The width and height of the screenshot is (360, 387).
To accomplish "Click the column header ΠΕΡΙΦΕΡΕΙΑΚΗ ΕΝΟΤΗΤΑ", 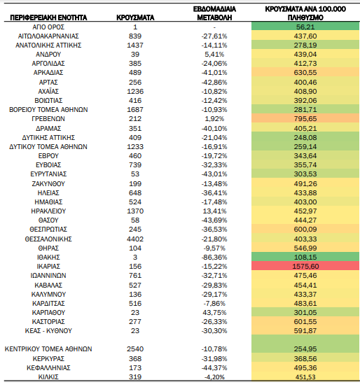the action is pyautogui.click(x=48, y=17).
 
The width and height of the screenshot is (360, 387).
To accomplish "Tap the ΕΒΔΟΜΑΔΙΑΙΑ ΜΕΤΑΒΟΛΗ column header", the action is pyautogui.click(x=214, y=13).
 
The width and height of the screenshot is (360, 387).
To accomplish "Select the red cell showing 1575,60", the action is pyautogui.click(x=305, y=267).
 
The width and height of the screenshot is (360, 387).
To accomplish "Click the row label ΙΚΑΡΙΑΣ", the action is pyautogui.click(x=48, y=267).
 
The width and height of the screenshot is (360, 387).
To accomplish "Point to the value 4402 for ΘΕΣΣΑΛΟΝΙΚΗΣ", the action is pyautogui.click(x=135, y=239).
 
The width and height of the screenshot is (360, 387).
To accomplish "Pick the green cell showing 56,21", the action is pyautogui.click(x=305, y=27).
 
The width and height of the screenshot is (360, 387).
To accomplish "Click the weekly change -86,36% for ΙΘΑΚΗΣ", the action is pyautogui.click(x=214, y=257).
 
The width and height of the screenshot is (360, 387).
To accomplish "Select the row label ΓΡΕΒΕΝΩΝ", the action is pyautogui.click(x=48, y=119).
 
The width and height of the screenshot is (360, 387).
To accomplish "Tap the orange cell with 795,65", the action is pyautogui.click(x=305, y=119).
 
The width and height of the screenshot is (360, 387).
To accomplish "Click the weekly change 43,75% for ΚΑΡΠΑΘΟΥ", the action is pyautogui.click(x=214, y=312).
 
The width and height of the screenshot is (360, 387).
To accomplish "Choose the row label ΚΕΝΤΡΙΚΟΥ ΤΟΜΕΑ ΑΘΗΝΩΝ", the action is pyautogui.click(x=48, y=349).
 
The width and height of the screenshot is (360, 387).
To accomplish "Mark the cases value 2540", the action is pyautogui.click(x=135, y=349).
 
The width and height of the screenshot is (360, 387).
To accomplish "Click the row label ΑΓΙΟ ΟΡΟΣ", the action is pyautogui.click(x=48, y=27).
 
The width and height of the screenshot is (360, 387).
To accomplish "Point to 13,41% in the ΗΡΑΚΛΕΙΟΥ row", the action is pyautogui.click(x=214, y=211).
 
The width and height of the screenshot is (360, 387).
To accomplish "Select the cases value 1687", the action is pyautogui.click(x=135, y=110).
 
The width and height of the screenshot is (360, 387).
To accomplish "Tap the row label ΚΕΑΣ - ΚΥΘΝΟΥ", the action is pyautogui.click(x=48, y=331).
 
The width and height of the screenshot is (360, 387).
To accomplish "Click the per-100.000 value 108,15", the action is pyautogui.click(x=305, y=257).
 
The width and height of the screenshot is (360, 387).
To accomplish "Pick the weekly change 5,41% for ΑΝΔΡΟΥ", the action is pyautogui.click(x=214, y=55).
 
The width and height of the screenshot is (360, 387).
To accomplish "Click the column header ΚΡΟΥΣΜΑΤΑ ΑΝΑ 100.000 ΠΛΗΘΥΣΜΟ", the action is pyautogui.click(x=305, y=13).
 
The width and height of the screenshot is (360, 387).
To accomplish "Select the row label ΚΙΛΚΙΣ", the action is pyautogui.click(x=48, y=377).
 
